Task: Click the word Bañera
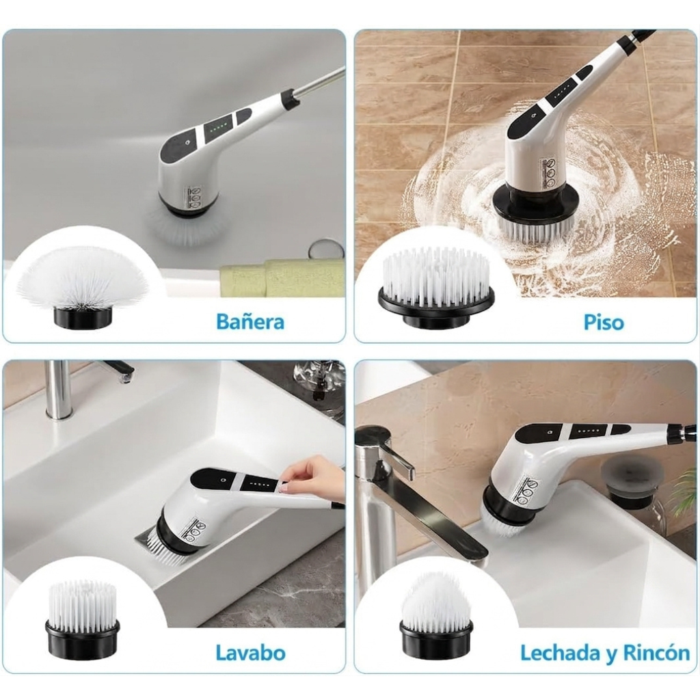coord(250,321)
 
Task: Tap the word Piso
coord(603,322)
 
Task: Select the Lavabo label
coord(250,653)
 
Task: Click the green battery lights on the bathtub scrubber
coord(219,126)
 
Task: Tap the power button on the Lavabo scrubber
coord(222,480)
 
